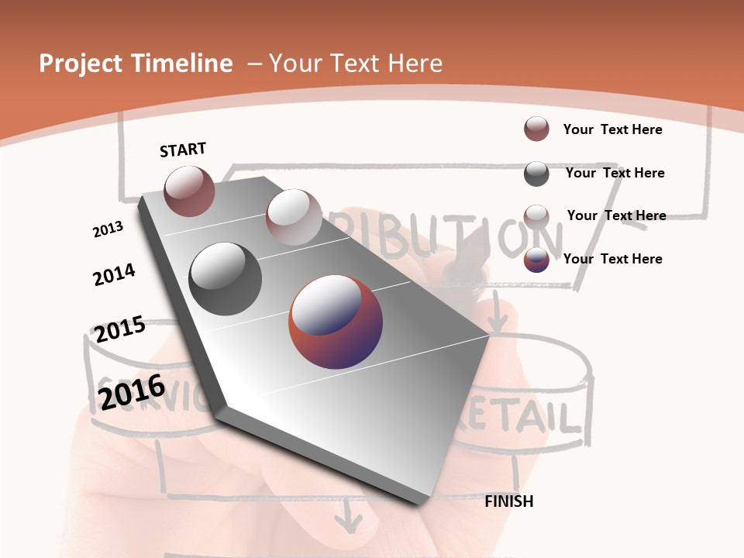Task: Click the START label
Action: click(183, 150)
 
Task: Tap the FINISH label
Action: click(508, 501)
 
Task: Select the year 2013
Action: click(108, 229)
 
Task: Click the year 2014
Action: click(114, 274)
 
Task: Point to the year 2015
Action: click(120, 329)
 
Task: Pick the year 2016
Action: click(132, 391)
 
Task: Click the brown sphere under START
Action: click(189, 191)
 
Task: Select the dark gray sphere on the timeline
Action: click(226, 278)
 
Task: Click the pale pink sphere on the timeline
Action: click(293, 217)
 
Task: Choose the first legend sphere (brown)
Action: click(536, 129)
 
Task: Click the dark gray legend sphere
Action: click(536, 174)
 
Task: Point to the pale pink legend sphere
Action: click(536, 216)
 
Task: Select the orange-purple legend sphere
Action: click(536, 260)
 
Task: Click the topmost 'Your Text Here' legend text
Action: click(612, 129)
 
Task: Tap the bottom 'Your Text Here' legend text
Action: click(612, 259)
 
